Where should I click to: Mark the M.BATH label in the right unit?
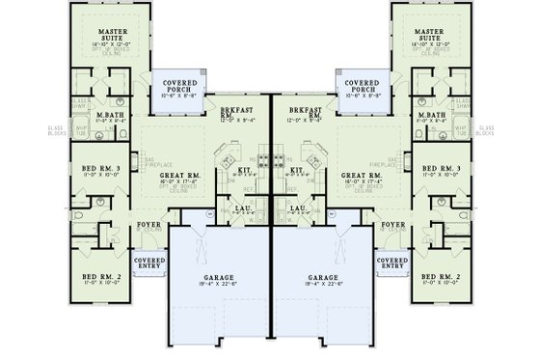(x=429, y=115)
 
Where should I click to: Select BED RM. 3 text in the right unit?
(x=438, y=168)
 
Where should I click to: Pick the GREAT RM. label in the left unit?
(x=181, y=175)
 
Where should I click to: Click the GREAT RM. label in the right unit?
(x=359, y=175)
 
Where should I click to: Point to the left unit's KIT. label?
(x=244, y=170)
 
